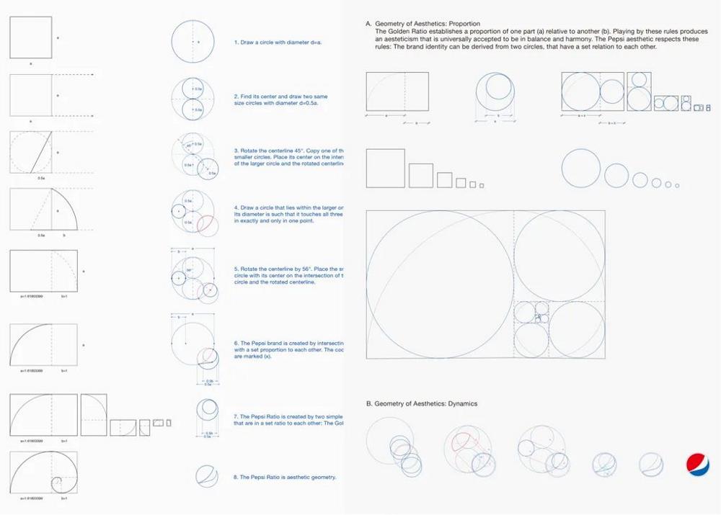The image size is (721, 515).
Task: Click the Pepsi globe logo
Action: tap(696, 465)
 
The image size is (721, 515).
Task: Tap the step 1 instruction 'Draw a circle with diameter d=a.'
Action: tap(278, 42)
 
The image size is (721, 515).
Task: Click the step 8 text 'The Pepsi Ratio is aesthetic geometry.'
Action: tap(285, 477)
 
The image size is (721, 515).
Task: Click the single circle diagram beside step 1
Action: tap(193, 42)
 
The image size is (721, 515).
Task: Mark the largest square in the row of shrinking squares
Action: tap(384, 167)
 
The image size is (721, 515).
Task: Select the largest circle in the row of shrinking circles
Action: tap(579, 166)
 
